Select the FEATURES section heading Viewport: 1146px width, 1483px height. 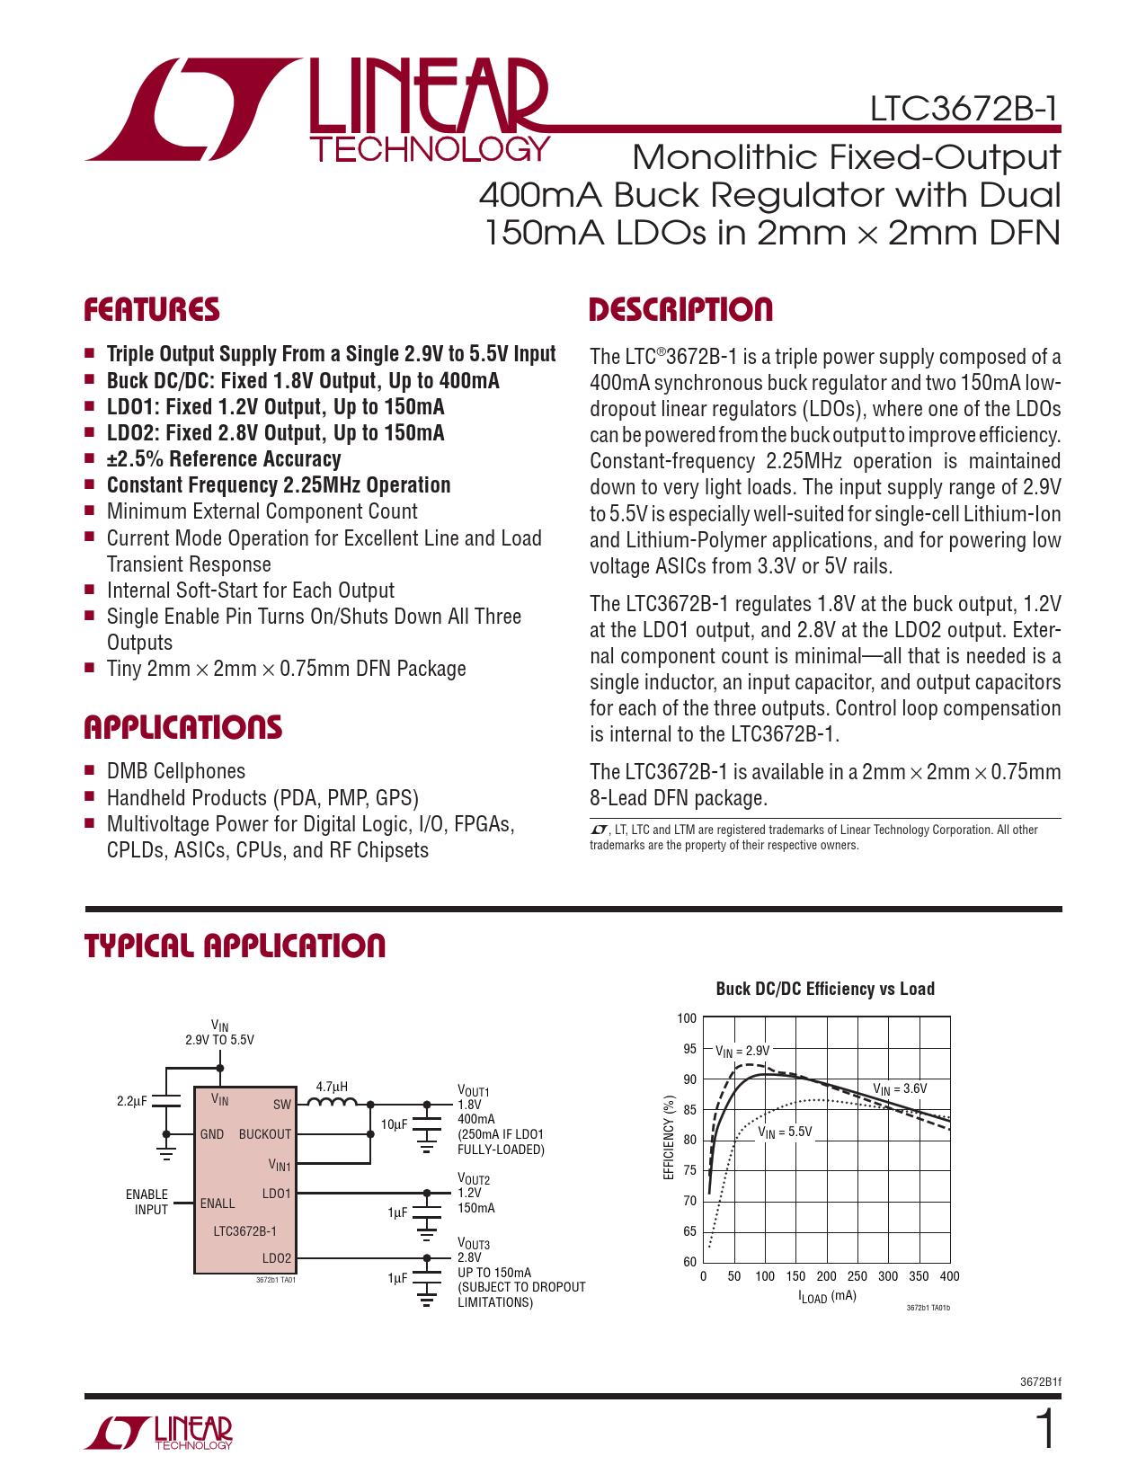(152, 310)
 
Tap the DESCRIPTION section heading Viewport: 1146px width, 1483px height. (680, 310)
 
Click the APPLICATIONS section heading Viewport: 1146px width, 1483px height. (183, 727)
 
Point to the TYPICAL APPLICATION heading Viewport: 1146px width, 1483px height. (235, 946)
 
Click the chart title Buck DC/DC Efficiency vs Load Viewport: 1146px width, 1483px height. (825, 989)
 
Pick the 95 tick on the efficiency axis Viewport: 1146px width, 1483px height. (689, 1049)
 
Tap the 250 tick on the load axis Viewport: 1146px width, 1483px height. (857, 1276)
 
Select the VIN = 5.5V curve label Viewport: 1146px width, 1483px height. (785, 1132)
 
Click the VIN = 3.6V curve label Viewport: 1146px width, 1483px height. (900, 1089)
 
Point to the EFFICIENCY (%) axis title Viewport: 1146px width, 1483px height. (668, 1138)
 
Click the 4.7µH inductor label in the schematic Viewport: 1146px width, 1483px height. (332, 1086)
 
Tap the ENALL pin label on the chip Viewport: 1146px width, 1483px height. (218, 1203)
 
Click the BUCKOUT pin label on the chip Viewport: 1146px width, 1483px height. (265, 1134)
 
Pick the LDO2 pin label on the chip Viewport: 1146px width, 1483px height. (277, 1258)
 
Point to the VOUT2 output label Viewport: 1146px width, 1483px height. (474, 1179)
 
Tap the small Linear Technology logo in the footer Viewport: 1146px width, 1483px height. (159, 1433)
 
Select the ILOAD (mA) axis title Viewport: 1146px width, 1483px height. (827, 1297)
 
